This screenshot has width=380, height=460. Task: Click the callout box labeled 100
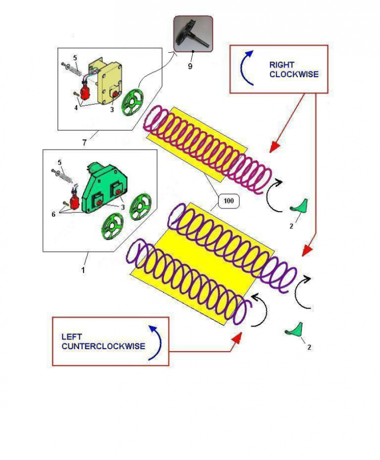(228, 201)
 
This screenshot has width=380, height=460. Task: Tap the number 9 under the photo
(190, 66)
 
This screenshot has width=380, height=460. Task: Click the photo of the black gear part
(193, 34)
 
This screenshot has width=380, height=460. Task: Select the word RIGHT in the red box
(282, 65)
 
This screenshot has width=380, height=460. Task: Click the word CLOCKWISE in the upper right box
(294, 74)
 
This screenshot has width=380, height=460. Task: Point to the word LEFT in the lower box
(72, 337)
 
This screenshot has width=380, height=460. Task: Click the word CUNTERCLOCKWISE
(103, 346)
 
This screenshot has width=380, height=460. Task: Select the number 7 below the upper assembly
(84, 143)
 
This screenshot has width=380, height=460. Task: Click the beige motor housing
(111, 81)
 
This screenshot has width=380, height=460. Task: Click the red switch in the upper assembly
(85, 92)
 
